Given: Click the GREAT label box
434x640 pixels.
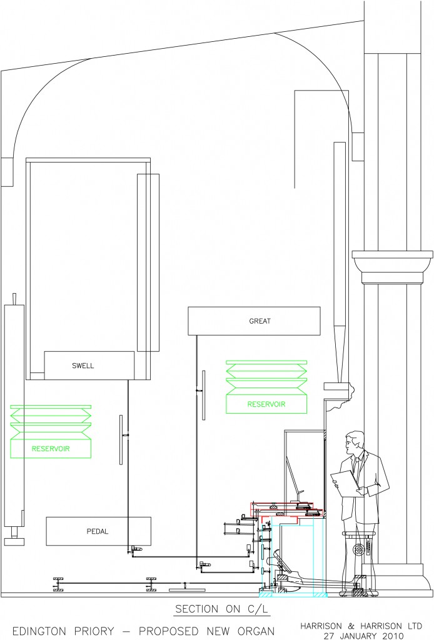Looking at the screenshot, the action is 254,321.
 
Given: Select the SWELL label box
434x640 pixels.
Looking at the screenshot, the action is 89,365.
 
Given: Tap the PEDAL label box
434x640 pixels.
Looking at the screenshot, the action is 98,531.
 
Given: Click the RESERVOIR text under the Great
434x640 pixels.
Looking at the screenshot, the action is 266,404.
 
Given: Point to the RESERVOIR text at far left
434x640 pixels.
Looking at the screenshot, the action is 51,449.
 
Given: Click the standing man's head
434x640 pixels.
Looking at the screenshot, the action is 353,444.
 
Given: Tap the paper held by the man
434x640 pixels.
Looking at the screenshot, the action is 345,484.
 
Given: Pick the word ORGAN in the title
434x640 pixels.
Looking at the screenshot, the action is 254,631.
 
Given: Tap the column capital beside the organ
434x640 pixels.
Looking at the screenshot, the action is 392,267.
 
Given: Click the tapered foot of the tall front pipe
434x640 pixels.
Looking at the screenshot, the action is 340,354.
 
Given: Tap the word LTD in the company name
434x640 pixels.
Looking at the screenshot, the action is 413,626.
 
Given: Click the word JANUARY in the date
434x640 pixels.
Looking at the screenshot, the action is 358,636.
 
